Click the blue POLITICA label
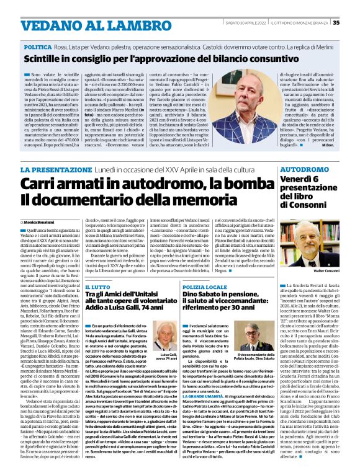pyautogui.click(x=38, y=47)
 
